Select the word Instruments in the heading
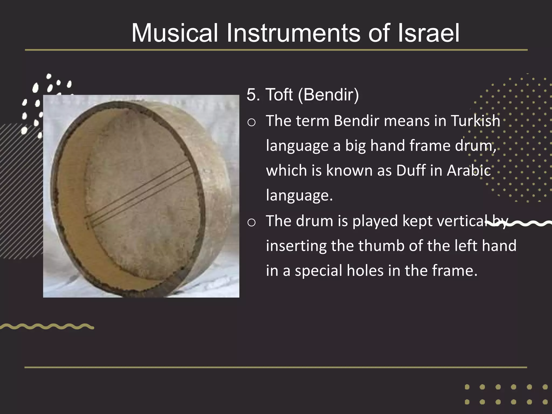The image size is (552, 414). [x=293, y=33]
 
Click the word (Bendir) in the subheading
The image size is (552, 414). [x=328, y=95]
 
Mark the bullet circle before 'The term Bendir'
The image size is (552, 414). [x=251, y=123]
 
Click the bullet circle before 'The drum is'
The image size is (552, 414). [x=251, y=223]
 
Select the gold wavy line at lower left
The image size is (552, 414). [x=47, y=327]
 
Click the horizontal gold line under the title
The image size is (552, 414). [x=276, y=50]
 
